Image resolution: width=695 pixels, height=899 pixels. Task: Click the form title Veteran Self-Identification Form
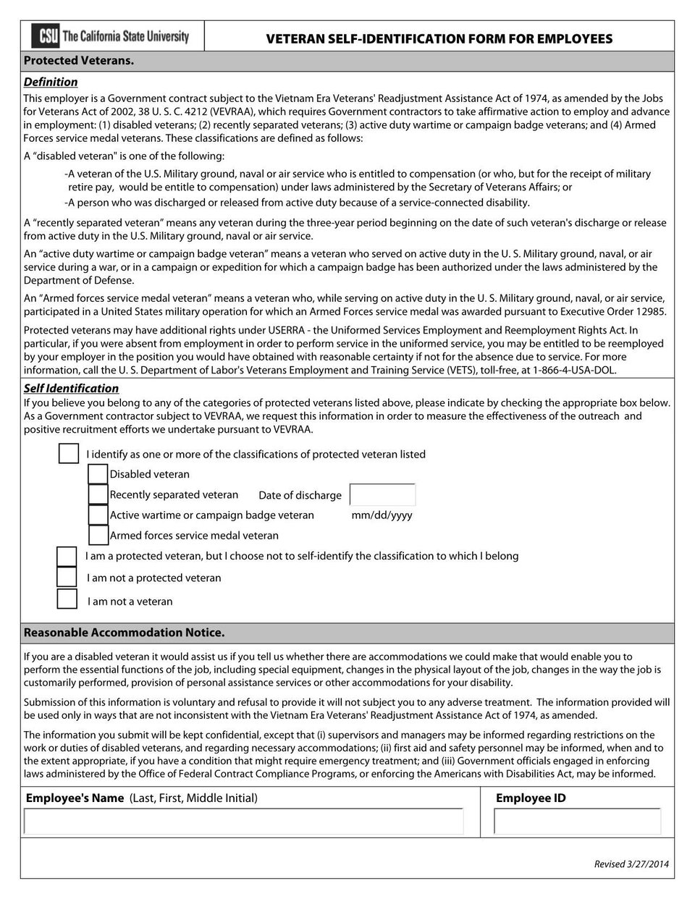point(439,39)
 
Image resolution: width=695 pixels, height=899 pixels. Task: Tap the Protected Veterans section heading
point(79,61)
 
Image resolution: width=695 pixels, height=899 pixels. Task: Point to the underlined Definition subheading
point(51,82)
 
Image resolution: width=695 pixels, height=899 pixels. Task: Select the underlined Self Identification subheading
point(71,388)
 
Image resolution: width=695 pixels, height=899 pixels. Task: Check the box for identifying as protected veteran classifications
point(69,454)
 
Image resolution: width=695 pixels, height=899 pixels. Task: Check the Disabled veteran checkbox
point(98,474)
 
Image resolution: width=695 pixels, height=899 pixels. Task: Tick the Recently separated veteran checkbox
point(98,494)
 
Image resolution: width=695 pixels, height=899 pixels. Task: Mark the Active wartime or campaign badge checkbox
point(98,515)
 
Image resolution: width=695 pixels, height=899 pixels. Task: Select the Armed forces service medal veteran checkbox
point(98,535)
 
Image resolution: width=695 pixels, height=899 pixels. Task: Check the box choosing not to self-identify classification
point(67,556)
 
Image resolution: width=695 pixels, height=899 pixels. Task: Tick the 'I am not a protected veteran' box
point(67,577)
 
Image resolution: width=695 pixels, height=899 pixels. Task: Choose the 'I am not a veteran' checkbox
point(67,599)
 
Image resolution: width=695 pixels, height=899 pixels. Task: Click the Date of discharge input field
point(382,495)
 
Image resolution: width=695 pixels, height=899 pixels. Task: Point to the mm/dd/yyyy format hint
point(382,515)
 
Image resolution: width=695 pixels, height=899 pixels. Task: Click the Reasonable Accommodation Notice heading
point(124,633)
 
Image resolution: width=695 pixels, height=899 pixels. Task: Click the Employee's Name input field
point(243,822)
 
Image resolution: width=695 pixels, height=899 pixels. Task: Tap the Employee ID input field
point(577,822)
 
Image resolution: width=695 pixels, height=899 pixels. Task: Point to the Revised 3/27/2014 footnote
point(631,864)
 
